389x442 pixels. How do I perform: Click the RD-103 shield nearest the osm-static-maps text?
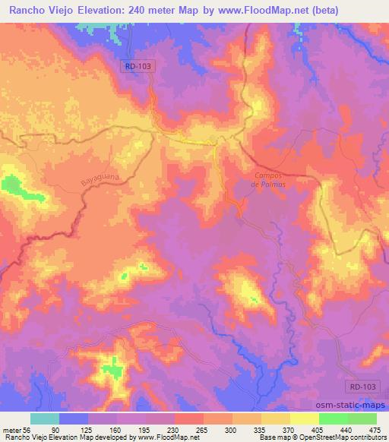click(367, 386)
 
